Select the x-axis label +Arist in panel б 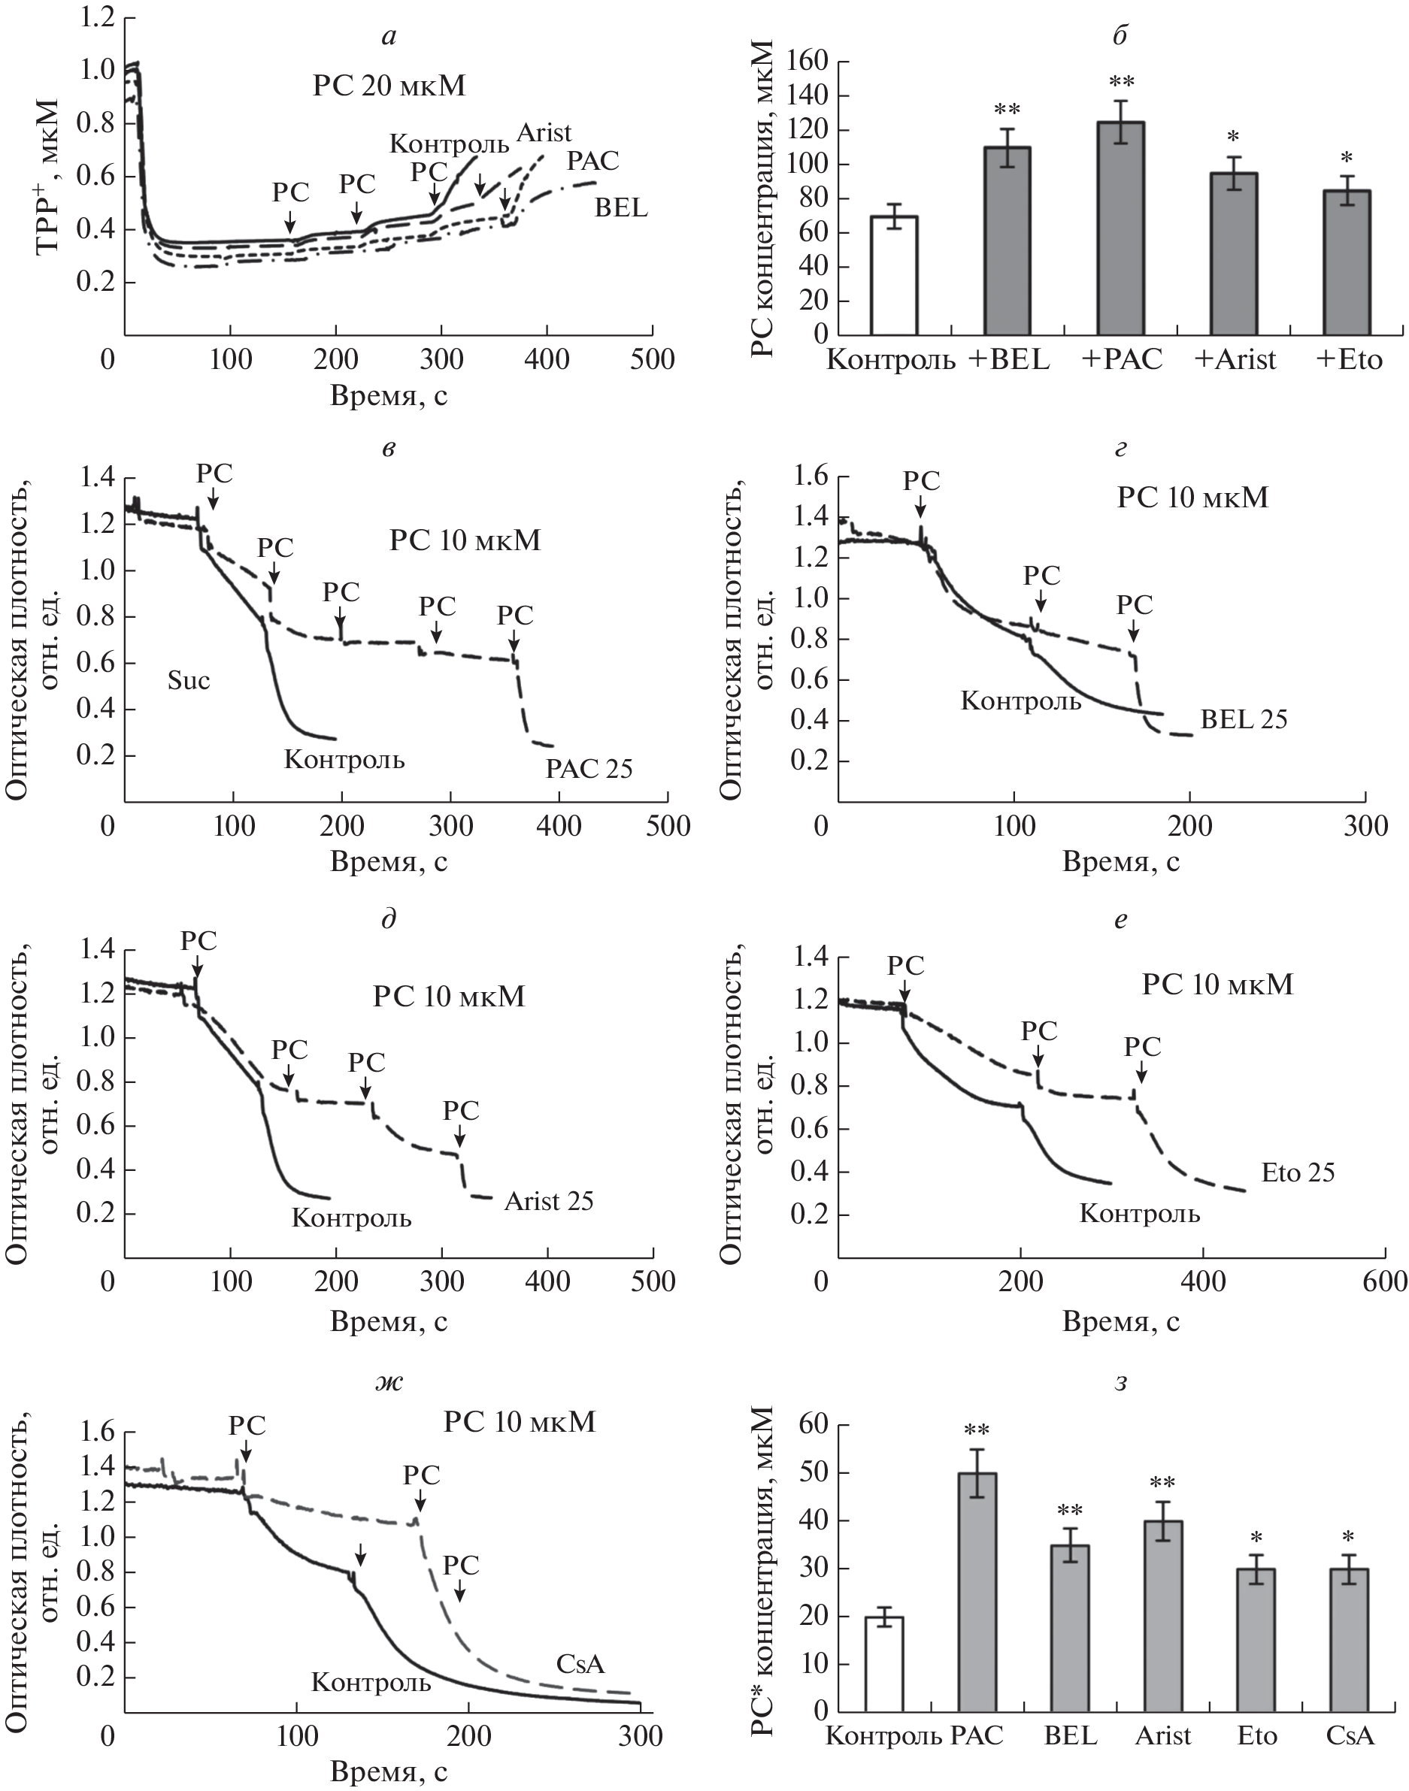click(x=1234, y=360)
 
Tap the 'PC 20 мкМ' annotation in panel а click(x=389, y=86)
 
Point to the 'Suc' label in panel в click(x=188, y=680)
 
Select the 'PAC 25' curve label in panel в click(x=589, y=769)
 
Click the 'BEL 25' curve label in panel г click(x=1243, y=719)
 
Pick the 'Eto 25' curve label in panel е click(x=1298, y=1172)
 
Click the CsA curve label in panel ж click(x=580, y=1664)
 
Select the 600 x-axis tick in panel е click(x=1383, y=1280)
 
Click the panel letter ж click(x=389, y=1382)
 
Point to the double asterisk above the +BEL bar click(x=1007, y=110)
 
